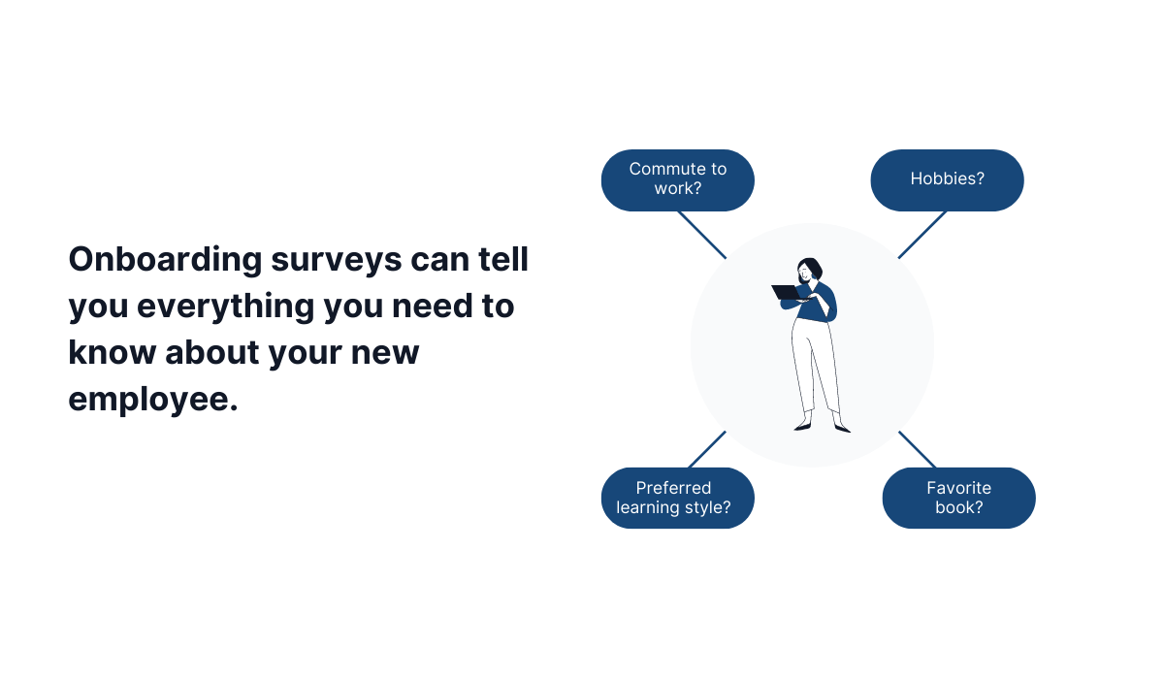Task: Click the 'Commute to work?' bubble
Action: click(x=677, y=179)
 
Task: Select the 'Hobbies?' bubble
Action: click(x=947, y=179)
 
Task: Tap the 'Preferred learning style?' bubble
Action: click(x=677, y=498)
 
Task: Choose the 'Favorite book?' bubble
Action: click(x=958, y=498)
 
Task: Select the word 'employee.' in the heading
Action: click(x=152, y=398)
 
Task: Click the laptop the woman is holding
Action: click(x=786, y=292)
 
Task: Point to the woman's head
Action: click(x=809, y=269)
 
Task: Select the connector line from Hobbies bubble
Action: click(x=922, y=234)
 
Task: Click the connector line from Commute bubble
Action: click(x=701, y=234)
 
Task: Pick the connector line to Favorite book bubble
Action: click(x=918, y=449)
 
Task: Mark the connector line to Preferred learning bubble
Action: click(x=707, y=449)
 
